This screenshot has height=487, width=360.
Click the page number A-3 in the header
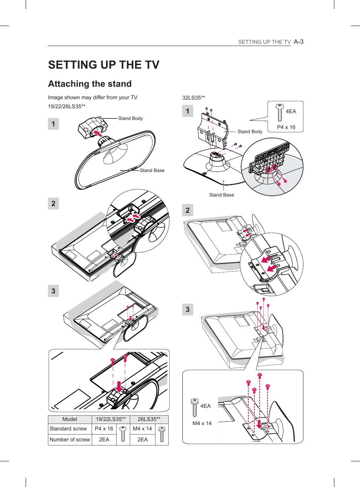298,42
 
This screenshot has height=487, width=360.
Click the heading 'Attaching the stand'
90,84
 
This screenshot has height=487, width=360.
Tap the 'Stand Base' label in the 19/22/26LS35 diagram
152,171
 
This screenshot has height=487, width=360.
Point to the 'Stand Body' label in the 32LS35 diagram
250,132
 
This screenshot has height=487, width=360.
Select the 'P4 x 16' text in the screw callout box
286,127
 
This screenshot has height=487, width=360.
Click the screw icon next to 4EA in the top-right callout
280,112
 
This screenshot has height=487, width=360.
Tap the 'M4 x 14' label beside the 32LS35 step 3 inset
202,423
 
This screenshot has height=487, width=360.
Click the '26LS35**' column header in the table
149,419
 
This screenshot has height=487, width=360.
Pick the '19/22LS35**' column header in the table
111,419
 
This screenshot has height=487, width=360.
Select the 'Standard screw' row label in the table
68,429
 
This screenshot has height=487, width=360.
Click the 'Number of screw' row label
70,439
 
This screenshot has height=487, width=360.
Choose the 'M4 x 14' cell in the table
142,429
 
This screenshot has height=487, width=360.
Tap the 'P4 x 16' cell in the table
104,429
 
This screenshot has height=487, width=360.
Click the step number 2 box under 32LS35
188,210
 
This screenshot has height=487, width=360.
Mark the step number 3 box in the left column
53,291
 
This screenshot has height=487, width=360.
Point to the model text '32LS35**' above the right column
194,98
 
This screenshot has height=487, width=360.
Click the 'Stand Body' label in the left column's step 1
131,118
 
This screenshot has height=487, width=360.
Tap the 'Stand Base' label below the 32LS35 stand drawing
222,195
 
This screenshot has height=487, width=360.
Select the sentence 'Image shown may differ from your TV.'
93,97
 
